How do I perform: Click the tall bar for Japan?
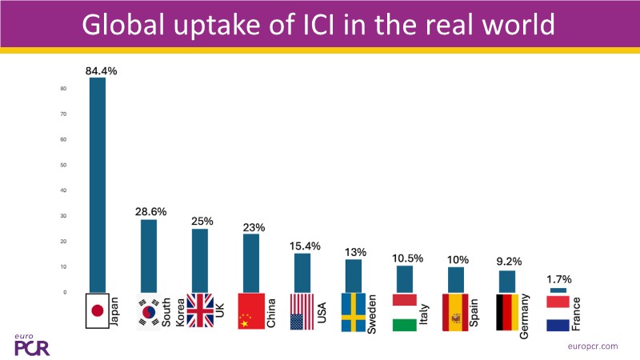pos(97,184)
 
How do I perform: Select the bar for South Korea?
pos(149,256)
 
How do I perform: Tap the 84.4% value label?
pos(102,70)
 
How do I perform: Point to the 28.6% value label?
pos(150,212)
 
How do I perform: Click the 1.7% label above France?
pos(559,281)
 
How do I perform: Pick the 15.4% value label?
pos(305,246)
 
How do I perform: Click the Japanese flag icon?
pos(97,311)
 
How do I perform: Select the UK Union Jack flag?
pos(200,311)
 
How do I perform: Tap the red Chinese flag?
pos(250,311)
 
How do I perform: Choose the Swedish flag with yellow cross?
pos(354,311)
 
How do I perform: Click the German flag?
pos(508,311)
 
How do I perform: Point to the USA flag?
pos(302,311)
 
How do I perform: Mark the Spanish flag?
pos(456,311)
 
